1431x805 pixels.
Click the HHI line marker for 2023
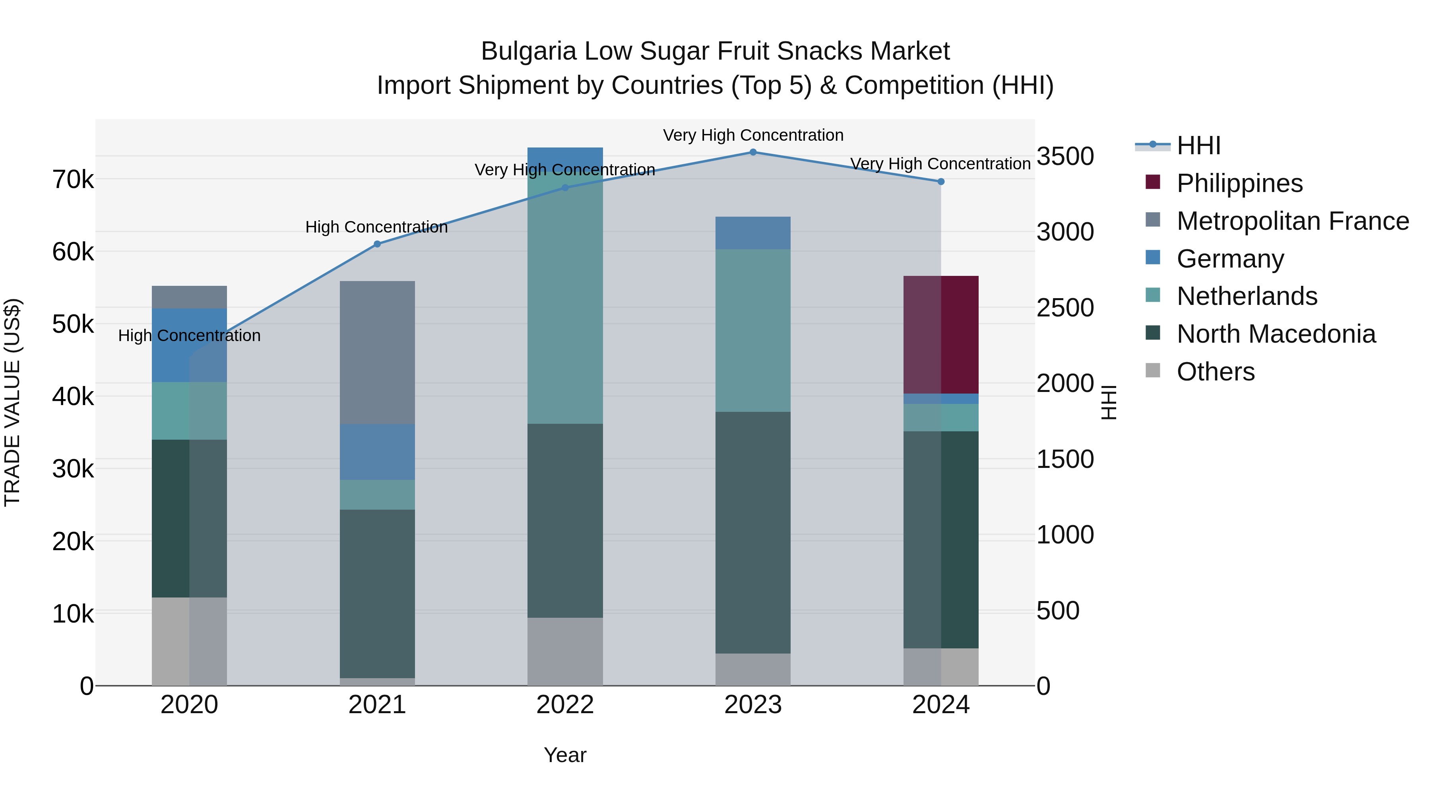753,152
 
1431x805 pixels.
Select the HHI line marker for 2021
377,244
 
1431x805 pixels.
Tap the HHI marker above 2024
940,182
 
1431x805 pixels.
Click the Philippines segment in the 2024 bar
940,334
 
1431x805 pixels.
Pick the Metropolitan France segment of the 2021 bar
377,352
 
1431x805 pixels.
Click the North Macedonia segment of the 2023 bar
753,532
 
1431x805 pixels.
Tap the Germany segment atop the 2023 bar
753,233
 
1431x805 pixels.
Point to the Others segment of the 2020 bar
189,641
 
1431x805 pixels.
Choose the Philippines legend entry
1239,183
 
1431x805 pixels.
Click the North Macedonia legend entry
1276,334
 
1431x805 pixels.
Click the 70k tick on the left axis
73,179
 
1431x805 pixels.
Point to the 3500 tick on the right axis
1065,156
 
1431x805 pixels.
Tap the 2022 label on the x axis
565,705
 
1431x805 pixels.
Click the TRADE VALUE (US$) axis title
12,402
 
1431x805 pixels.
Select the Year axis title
565,755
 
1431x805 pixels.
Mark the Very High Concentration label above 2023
753,135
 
